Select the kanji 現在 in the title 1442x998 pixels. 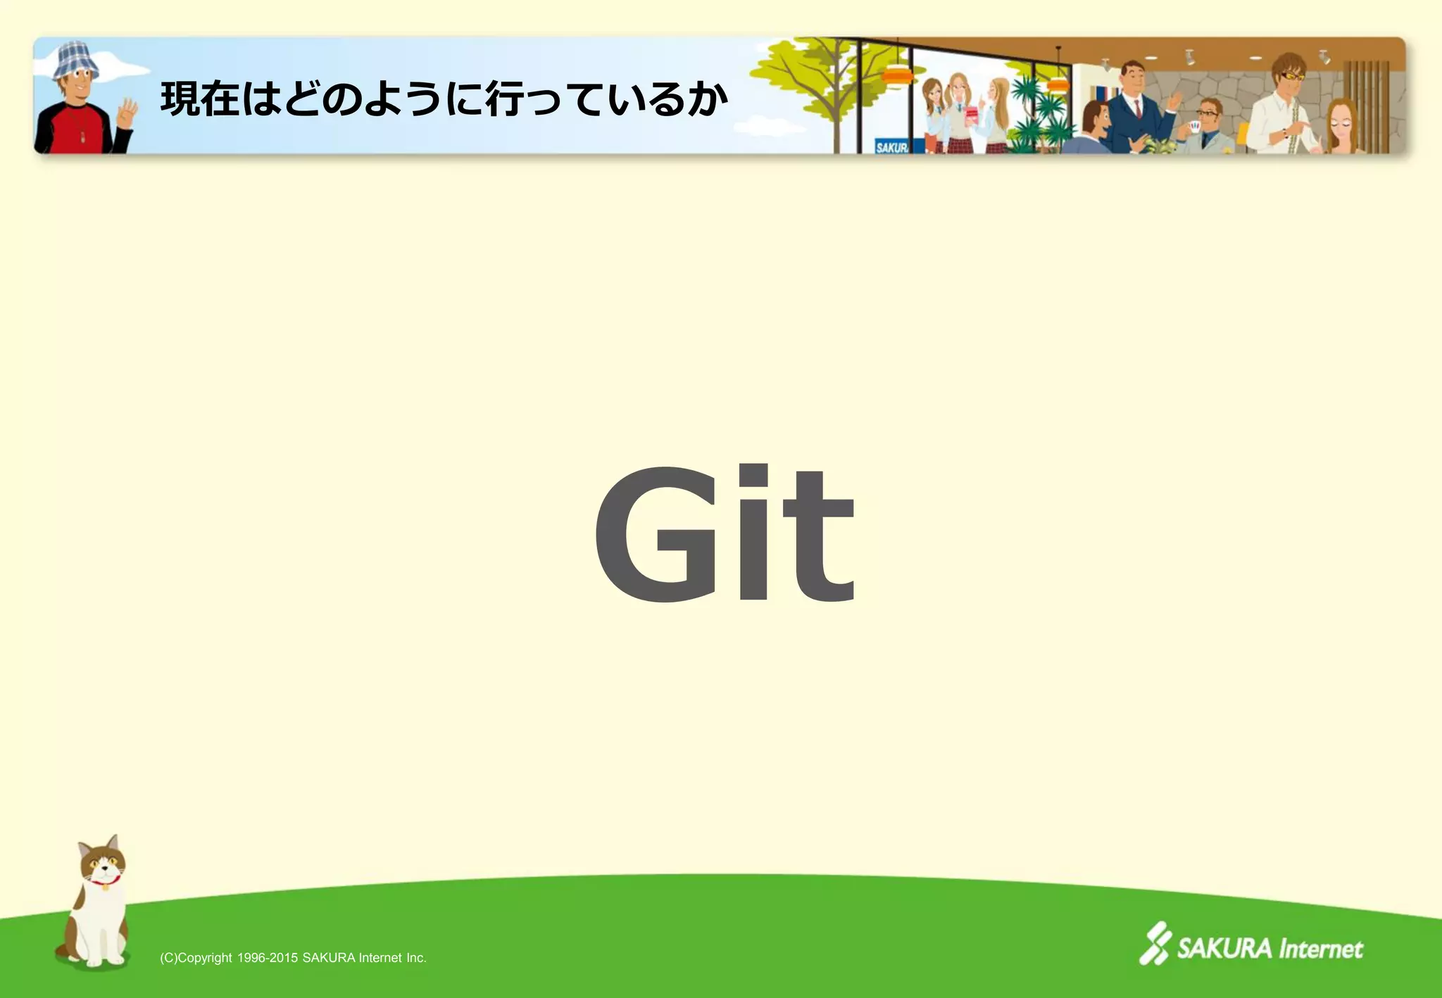[x=200, y=99]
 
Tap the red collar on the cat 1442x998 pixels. [x=105, y=880]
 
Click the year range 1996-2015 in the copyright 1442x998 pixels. [x=268, y=958]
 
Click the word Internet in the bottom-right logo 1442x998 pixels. [x=1320, y=949]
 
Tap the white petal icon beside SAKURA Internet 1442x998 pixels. [x=1155, y=943]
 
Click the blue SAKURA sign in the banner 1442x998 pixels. [x=891, y=147]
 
